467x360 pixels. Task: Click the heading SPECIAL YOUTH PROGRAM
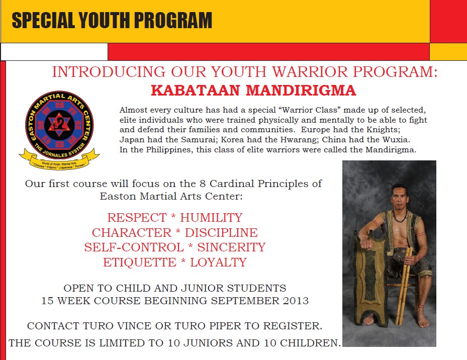[112, 21]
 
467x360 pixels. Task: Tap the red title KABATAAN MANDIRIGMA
[253, 91]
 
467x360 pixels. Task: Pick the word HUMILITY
[211, 218]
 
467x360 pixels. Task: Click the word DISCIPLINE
[221, 233]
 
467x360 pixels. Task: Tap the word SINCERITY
[231, 247]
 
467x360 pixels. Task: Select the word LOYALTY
[219, 262]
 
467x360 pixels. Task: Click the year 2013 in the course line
[294, 301]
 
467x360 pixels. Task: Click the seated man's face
[399, 198]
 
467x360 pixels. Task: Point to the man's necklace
[400, 218]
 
